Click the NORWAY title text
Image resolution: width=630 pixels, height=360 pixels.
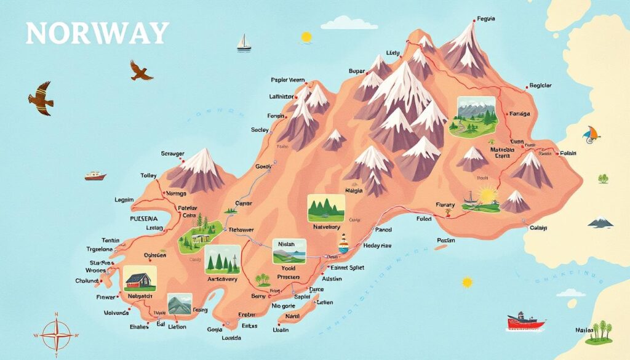point(97,33)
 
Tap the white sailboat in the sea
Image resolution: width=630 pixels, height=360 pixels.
point(244,42)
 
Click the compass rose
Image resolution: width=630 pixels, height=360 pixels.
point(57,334)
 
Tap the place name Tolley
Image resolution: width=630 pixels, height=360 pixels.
point(149,175)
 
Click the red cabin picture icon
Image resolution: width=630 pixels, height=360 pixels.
point(140,279)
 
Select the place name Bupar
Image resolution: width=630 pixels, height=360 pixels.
point(357,71)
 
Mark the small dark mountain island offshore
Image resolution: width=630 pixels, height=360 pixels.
point(600,222)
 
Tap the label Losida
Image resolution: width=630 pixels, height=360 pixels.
point(231,338)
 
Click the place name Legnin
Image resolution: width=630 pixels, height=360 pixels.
point(124,200)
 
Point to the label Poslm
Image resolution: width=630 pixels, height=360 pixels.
point(445,240)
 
